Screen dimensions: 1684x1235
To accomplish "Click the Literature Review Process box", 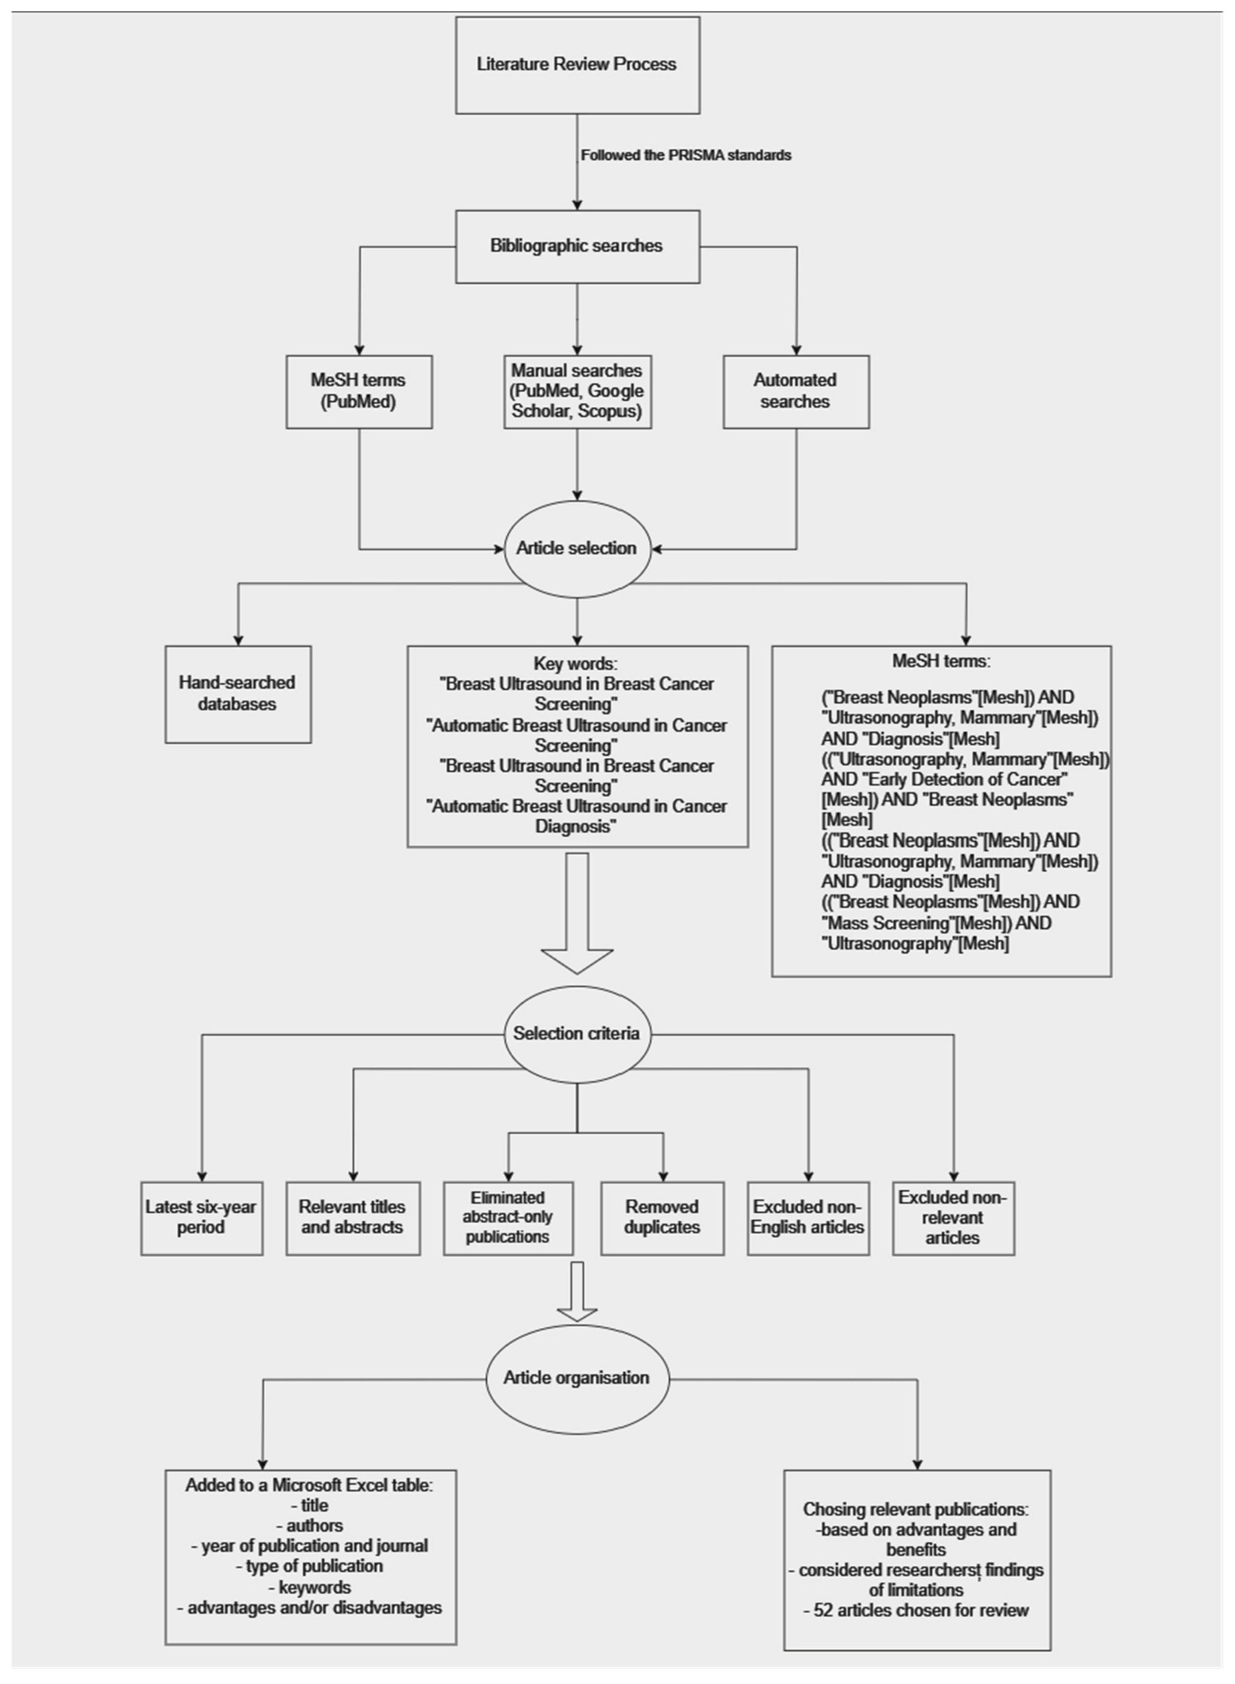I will [577, 65].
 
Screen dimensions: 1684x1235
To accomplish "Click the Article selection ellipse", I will [577, 548].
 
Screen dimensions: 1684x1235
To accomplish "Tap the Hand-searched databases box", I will [238, 694].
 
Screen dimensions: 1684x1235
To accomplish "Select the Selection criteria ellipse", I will [577, 1034].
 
